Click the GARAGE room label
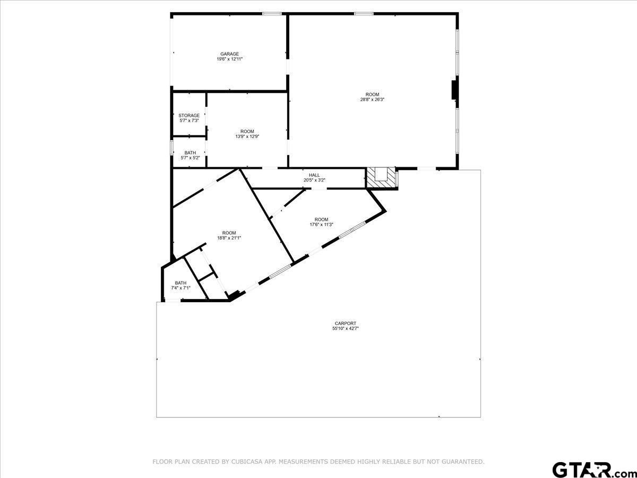pos(229,54)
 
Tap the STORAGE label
pos(189,115)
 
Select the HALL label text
pos(314,175)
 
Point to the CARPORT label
pos(346,323)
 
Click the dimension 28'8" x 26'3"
pos(372,99)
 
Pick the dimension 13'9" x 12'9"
pos(247,136)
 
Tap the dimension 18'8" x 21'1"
pos(229,238)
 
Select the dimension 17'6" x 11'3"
pos(322,224)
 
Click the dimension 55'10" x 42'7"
pos(346,329)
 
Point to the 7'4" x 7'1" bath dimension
pos(181,288)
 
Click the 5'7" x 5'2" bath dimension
pos(191,158)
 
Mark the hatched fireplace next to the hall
pos(381,178)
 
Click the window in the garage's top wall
pos(272,13)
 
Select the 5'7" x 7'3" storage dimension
pos(189,121)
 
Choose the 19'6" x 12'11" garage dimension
pos(229,59)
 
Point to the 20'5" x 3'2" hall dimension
pos(314,180)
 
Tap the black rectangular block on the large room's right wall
pos(454,90)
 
